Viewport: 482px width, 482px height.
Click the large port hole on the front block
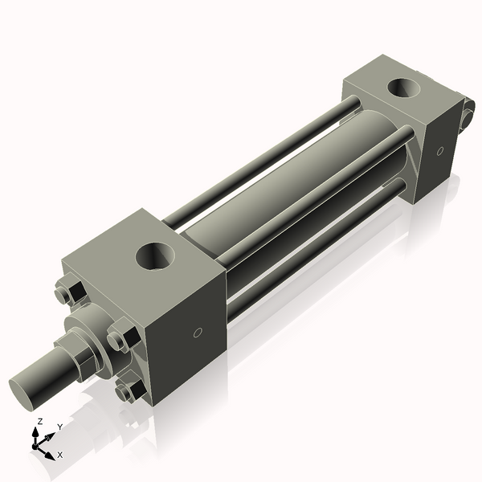click(x=155, y=256)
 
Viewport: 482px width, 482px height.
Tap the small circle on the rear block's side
click(x=439, y=150)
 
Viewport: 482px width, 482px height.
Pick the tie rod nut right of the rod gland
click(x=122, y=335)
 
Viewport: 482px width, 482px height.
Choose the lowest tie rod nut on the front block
click(x=127, y=391)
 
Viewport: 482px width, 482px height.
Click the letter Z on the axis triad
click(x=39, y=421)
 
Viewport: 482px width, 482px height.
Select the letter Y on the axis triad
click(x=59, y=427)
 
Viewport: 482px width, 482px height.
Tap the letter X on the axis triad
click(x=60, y=455)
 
